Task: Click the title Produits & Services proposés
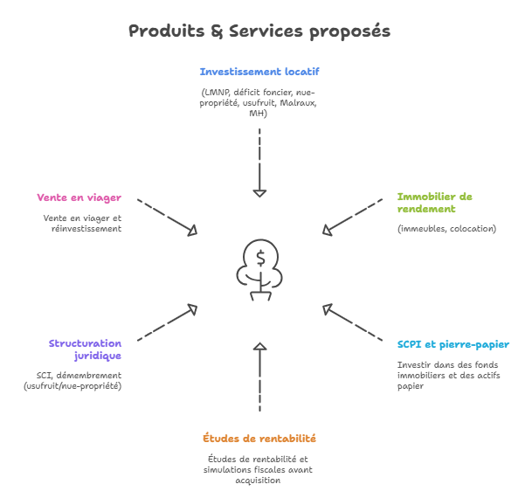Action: click(259, 31)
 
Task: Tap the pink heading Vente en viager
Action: click(79, 197)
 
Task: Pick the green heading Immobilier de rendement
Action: click(434, 203)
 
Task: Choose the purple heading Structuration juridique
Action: click(86, 349)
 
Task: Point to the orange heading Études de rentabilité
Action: click(259, 438)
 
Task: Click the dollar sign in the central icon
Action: click(260, 258)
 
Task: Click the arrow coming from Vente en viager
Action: click(169, 216)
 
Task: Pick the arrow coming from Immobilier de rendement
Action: click(351, 217)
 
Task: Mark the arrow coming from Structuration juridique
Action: click(168, 322)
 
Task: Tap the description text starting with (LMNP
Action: click(258, 102)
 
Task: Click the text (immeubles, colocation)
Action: click(446, 229)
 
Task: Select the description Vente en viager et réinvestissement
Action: click(83, 223)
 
